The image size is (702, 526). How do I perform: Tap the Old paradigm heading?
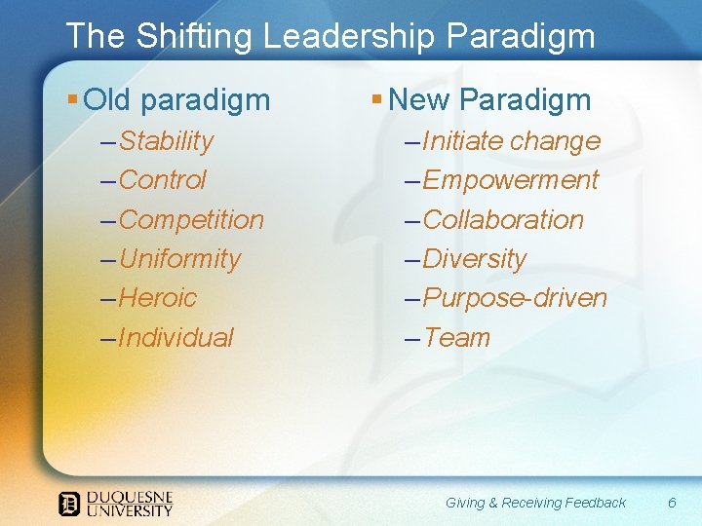pyautogui.click(x=176, y=99)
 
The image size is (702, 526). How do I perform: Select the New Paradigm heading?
pyautogui.click(x=489, y=99)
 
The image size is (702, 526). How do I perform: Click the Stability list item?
pyautogui.click(x=166, y=141)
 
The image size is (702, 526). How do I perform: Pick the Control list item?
pyautogui.click(x=162, y=180)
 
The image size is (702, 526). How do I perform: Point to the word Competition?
pyautogui.click(x=191, y=220)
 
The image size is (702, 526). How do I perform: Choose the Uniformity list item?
pyautogui.click(x=179, y=259)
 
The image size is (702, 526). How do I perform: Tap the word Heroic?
pyautogui.click(x=158, y=298)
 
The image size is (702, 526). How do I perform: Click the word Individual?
pyautogui.click(x=175, y=338)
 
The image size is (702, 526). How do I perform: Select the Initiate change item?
pyautogui.click(x=511, y=141)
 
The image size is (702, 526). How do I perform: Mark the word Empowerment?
pyautogui.click(x=511, y=180)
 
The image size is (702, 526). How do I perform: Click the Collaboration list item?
pyautogui.click(x=503, y=220)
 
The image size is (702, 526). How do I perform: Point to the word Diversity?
pyautogui.click(x=475, y=259)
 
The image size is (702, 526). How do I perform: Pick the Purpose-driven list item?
pyautogui.click(x=515, y=298)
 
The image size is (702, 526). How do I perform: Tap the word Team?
pyautogui.click(x=457, y=338)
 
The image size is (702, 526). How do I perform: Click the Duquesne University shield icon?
pyautogui.click(x=69, y=504)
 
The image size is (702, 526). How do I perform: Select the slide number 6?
pyautogui.click(x=672, y=503)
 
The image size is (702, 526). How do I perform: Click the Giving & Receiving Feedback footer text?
pyautogui.click(x=535, y=503)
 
